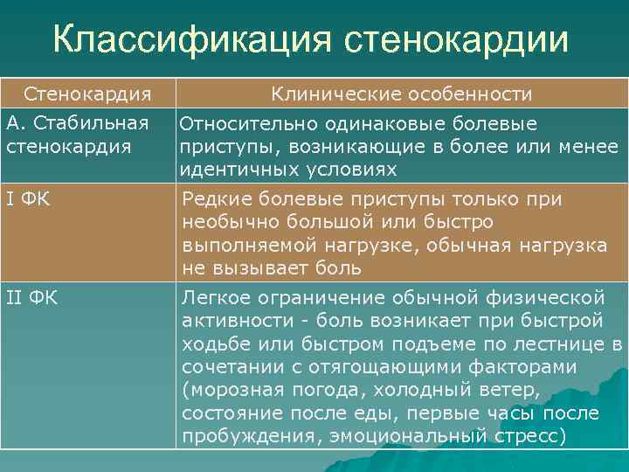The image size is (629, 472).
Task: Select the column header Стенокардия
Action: tap(87, 93)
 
